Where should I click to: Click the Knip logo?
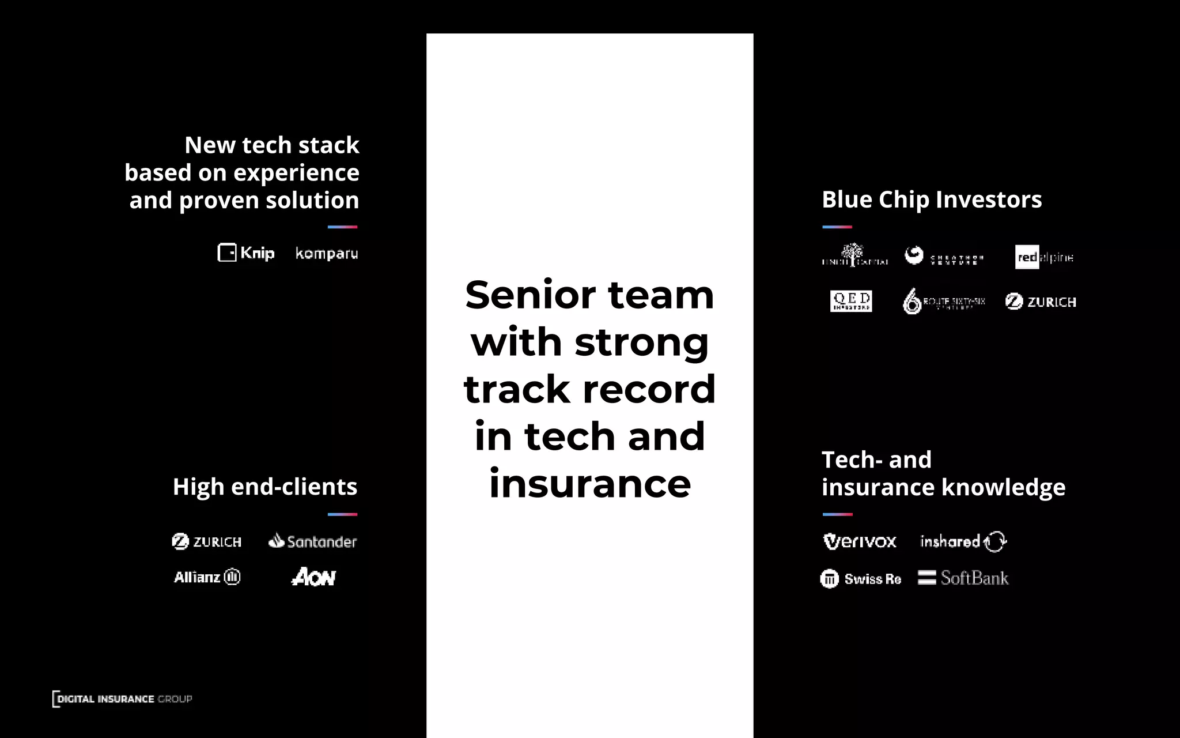point(246,253)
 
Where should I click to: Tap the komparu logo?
point(326,254)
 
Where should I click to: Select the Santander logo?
point(313,541)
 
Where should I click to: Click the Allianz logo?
point(207,577)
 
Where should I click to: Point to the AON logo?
point(313,577)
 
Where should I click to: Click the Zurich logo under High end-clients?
point(207,541)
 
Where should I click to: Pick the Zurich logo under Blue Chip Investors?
point(1041,302)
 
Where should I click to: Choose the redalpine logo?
point(1044,257)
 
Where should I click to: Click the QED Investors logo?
point(851,301)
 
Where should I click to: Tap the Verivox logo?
point(860,541)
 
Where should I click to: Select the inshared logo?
point(963,541)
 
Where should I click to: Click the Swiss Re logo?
point(861,578)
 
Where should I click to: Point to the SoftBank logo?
point(963,578)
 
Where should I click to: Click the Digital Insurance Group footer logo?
point(122,699)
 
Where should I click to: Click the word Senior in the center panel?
point(530,295)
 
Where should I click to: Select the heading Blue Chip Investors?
point(932,199)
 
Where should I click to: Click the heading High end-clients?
point(265,487)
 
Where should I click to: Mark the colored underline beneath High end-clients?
point(342,514)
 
